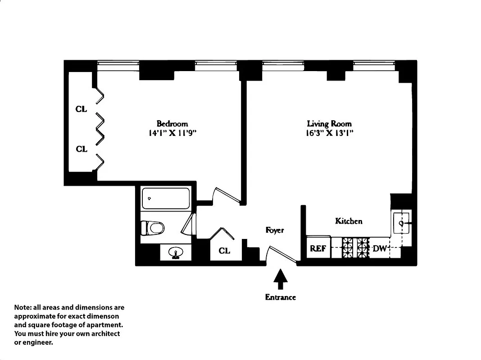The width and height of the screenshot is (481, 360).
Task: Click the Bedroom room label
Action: (x=172, y=123)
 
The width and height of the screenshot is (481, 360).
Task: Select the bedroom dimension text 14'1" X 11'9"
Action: (x=172, y=133)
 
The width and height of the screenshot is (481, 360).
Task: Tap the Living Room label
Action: (x=329, y=123)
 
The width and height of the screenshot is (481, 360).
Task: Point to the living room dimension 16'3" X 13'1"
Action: (x=329, y=133)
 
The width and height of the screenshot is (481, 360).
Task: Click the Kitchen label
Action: (x=349, y=221)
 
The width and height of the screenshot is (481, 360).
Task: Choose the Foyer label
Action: (x=275, y=230)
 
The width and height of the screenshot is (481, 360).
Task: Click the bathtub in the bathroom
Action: (x=165, y=198)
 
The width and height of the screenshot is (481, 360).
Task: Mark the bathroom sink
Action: (x=176, y=252)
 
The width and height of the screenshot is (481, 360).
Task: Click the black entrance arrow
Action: (x=281, y=279)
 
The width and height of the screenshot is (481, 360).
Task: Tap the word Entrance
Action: (x=280, y=297)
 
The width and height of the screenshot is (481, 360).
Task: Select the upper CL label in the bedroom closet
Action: (x=82, y=109)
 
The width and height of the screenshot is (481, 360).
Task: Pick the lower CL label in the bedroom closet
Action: (x=82, y=149)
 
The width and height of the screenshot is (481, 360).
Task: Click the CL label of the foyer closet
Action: (x=224, y=251)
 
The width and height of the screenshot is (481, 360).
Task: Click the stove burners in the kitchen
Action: (x=355, y=247)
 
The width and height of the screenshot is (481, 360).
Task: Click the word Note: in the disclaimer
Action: (x=24, y=308)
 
